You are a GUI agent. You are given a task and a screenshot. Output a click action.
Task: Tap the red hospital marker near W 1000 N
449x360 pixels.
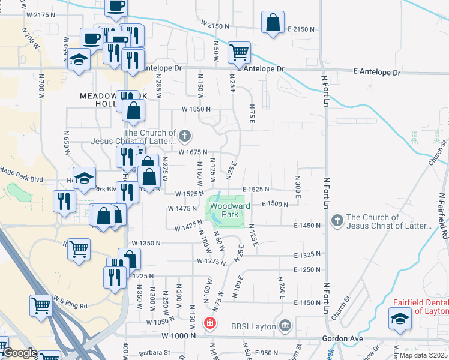[x=209, y=323]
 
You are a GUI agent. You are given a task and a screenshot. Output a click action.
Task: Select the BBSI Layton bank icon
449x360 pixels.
[x=285, y=327]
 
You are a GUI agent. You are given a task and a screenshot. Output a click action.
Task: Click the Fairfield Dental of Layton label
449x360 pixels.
[x=420, y=307]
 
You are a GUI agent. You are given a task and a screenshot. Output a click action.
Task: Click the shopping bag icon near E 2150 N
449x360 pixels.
[x=273, y=23]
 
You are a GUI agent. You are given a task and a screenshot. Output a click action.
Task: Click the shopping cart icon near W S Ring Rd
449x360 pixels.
[x=41, y=305]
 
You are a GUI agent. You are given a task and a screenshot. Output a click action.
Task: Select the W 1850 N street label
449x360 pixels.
[x=196, y=109]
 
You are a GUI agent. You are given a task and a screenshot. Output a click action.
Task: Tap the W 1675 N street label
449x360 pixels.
[x=193, y=152]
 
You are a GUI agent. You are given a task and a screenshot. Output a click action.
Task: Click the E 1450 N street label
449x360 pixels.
[x=308, y=225]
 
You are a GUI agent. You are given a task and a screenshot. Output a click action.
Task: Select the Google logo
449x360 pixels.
[x=20, y=353]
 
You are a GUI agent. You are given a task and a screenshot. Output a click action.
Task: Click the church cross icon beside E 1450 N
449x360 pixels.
[x=337, y=221]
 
